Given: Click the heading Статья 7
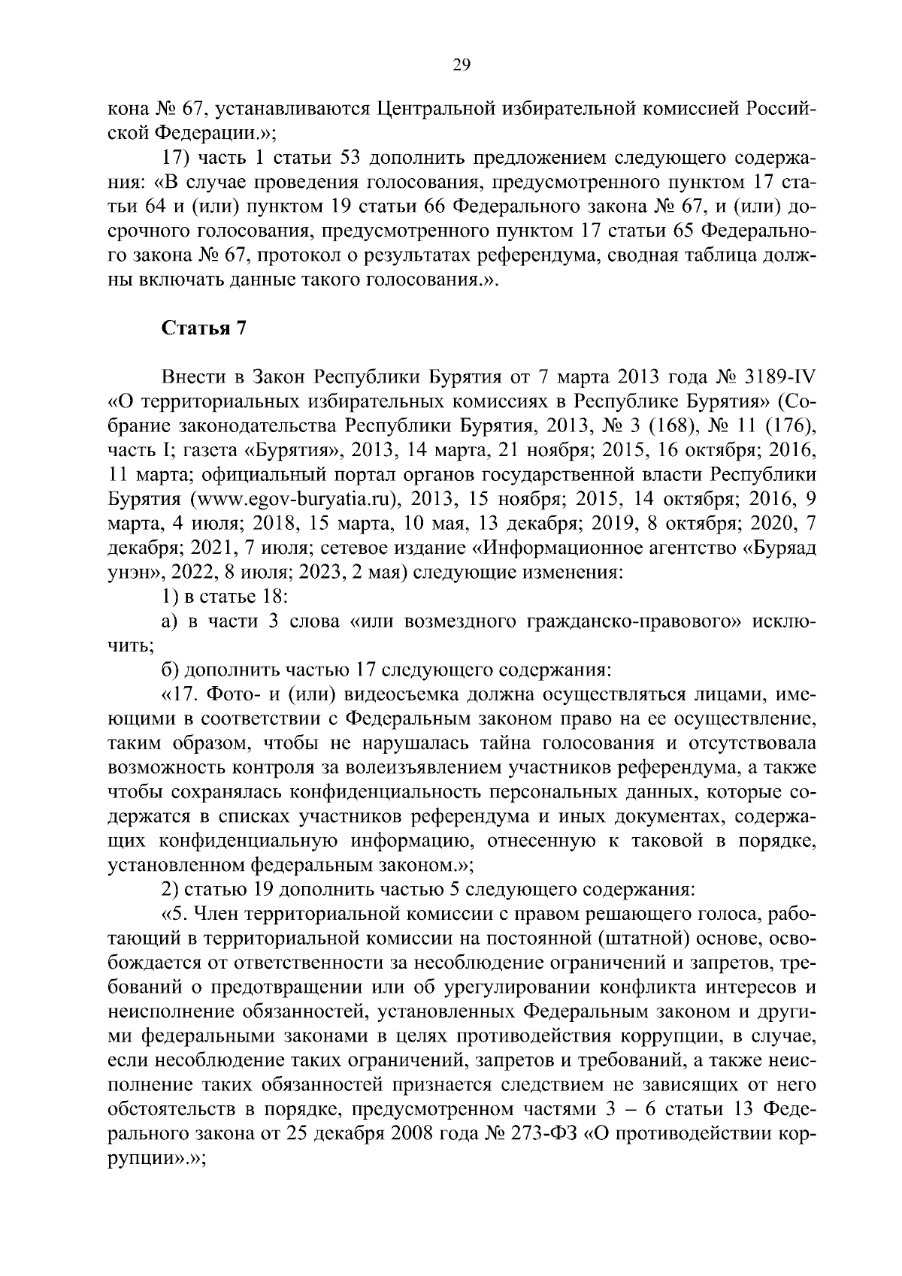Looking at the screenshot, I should click(204, 328).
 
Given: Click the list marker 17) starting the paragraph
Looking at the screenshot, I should click(178, 159).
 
